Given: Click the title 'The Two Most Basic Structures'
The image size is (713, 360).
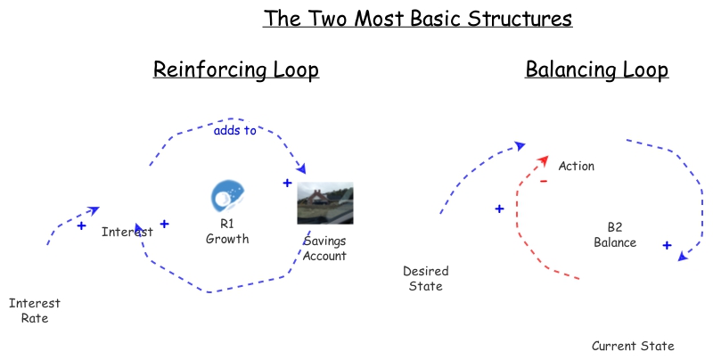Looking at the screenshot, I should click(417, 18).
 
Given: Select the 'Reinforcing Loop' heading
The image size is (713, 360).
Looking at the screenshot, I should click(236, 70).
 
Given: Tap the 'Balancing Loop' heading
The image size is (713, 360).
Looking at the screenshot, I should click(597, 70).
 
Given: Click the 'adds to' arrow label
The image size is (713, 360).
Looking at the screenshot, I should click(234, 131).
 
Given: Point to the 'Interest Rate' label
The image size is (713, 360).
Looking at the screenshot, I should click(35, 310).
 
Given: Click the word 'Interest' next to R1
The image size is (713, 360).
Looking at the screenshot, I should click(127, 232).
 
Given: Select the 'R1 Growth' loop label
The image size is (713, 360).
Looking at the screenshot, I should click(227, 232).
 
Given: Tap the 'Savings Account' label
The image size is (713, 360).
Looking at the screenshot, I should click(324, 249).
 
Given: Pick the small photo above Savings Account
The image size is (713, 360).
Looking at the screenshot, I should click(324, 203).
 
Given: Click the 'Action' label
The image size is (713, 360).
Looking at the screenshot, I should click(576, 166).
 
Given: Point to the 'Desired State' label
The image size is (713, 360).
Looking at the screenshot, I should click(425, 278).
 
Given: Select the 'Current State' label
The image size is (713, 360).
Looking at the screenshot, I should click(633, 346).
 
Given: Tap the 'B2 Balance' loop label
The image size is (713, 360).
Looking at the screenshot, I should click(615, 235).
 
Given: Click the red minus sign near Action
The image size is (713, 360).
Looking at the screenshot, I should click(543, 182).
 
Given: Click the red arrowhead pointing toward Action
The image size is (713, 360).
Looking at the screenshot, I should click(541, 160).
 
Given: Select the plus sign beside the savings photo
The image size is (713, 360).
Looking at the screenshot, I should click(287, 183).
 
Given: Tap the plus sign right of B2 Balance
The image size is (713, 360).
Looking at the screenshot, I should click(666, 244).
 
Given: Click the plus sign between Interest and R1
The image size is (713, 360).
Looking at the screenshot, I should click(164, 224).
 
